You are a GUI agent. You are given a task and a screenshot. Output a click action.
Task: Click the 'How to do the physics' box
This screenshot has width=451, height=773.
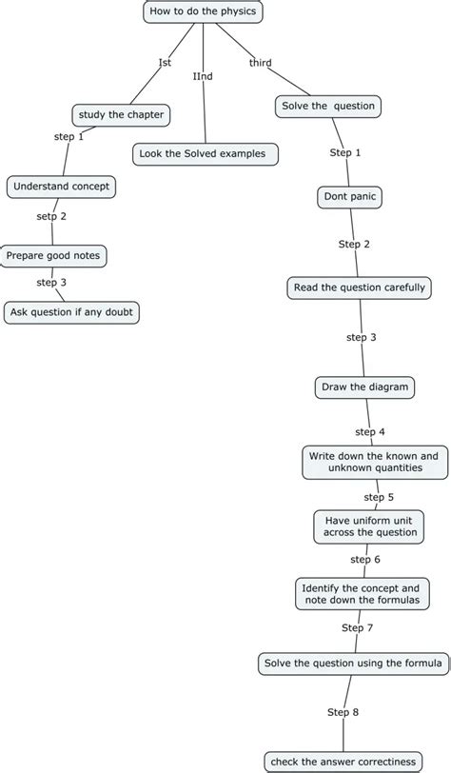click(203, 11)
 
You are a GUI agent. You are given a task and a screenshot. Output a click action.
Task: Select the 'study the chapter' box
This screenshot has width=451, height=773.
click(122, 115)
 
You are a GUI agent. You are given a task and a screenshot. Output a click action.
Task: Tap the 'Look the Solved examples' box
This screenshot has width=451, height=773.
click(206, 153)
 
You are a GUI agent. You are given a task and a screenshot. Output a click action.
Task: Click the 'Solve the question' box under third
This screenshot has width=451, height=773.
click(328, 106)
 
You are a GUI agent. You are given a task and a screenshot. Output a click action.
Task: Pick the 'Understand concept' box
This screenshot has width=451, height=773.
click(62, 187)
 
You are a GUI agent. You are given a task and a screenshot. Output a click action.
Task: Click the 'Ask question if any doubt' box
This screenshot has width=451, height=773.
click(72, 312)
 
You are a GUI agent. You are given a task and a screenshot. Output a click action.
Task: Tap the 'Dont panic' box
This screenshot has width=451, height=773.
click(349, 197)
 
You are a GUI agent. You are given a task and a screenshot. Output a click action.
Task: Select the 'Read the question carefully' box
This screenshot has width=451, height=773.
click(360, 287)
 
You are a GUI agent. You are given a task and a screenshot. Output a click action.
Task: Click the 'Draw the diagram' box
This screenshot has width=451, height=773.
click(364, 386)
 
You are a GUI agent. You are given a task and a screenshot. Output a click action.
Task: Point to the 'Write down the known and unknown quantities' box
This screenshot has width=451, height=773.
click(373, 462)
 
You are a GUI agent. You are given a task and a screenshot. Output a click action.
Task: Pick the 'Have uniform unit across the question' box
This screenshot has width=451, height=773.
click(369, 525)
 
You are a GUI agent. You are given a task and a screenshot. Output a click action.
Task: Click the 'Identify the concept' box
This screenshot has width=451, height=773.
click(360, 594)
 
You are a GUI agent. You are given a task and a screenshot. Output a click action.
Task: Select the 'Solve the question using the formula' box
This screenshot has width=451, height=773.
click(352, 663)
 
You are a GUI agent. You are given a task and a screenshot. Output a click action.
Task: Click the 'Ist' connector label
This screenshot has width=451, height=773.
click(165, 63)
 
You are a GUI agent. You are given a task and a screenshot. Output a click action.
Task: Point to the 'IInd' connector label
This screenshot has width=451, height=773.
click(203, 75)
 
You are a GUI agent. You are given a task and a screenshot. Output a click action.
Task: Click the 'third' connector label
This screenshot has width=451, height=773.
click(260, 63)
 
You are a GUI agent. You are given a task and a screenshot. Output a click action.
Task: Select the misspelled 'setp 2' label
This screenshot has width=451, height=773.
click(51, 216)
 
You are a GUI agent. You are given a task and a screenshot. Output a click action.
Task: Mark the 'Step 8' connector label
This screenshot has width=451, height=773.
click(343, 711)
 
